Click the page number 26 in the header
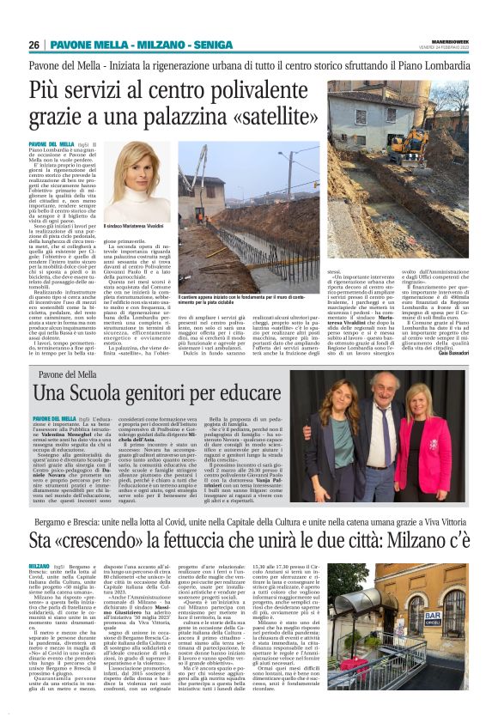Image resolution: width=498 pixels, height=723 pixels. [33, 45]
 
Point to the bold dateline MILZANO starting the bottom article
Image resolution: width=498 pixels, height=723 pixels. [39, 567]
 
